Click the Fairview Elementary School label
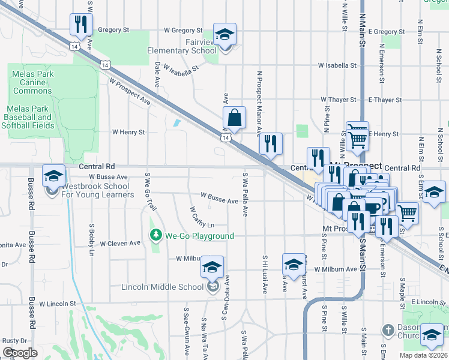[x=182, y=47]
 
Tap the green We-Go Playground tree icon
[x=156, y=235]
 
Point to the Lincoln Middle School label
[x=163, y=287]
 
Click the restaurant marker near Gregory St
[x=79, y=25]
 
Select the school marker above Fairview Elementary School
[x=224, y=34]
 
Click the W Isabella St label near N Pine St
[x=337, y=65]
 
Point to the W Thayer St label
[x=339, y=99]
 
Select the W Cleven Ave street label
[x=119, y=244]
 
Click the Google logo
[x=20, y=352]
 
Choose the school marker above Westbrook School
[x=53, y=176]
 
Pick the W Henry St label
[x=128, y=132]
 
